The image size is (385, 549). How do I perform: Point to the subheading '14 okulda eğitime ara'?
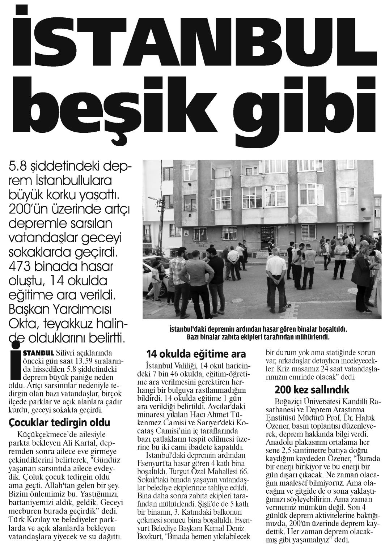coord(196,354)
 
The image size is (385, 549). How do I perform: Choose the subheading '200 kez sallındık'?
coord(312,390)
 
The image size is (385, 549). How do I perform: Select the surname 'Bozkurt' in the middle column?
coord(150,536)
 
